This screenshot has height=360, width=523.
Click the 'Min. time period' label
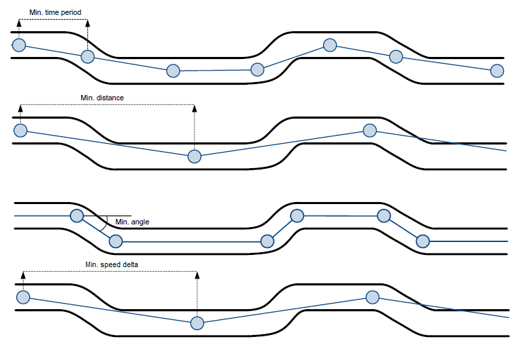click(56, 12)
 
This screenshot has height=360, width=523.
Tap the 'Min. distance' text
click(102, 98)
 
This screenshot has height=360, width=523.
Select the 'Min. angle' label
click(132, 222)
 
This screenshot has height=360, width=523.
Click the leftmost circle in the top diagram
click(18, 45)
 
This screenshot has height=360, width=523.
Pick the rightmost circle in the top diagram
click(497, 71)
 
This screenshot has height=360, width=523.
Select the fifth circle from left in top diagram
click(330, 45)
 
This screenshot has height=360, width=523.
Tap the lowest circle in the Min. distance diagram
click(194, 157)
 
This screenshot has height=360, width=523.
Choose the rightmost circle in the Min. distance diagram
click(370, 130)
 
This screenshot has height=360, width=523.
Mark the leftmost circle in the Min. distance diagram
click(20, 130)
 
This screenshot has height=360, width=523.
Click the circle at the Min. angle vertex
click(77, 216)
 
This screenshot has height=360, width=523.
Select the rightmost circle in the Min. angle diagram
click(423, 241)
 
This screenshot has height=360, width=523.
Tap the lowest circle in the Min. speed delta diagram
click(197, 323)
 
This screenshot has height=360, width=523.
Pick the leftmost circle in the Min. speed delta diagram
click(23, 297)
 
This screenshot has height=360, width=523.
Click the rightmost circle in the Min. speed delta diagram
click(372, 296)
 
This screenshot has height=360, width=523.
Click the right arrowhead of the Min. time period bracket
click(88, 22)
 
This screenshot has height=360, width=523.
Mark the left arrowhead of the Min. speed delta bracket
click(23, 275)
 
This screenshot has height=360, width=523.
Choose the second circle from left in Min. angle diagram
click(116, 241)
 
